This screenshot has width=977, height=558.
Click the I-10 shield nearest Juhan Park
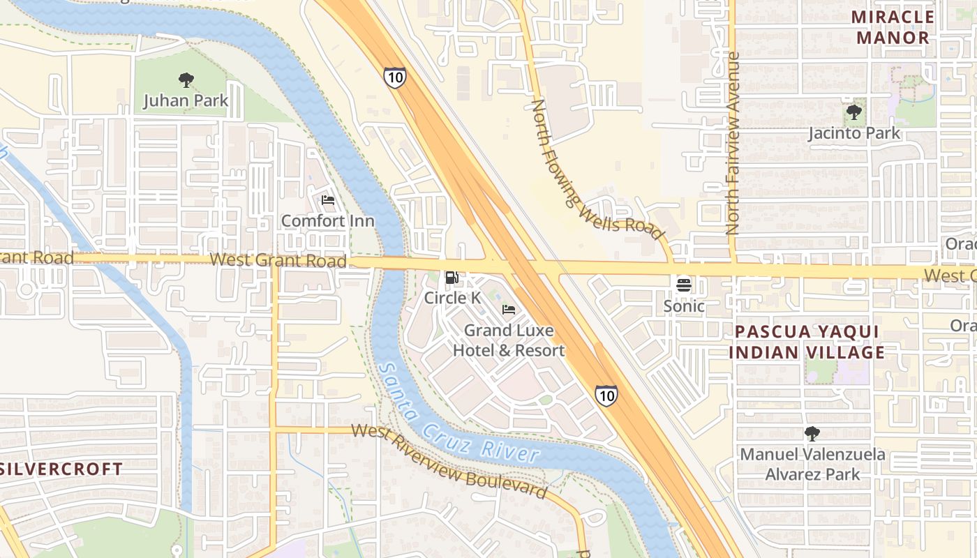[x=394, y=77]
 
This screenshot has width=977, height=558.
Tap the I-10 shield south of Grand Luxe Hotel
[x=606, y=396]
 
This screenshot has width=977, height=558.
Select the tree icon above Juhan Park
[x=186, y=80]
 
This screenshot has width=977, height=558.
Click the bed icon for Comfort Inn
[x=328, y=201]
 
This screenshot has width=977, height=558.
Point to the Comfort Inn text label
[x=327, y=221]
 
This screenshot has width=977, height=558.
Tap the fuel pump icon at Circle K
[x=452, y=278]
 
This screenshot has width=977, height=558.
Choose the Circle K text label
[x=452, y=298]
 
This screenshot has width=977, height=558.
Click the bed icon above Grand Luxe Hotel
[x=509, y=310]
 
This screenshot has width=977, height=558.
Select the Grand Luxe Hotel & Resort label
[x=509, y=340]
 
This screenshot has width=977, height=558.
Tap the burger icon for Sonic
[x=683, y=285]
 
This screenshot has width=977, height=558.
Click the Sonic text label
[x=683, y=306]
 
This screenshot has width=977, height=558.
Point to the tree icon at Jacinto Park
[x=853, y=112]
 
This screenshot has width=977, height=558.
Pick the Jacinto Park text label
[x=854, y=133]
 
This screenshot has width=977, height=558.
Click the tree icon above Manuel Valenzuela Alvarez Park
[x=812, y=434]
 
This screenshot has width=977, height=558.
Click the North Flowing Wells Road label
[x=596, y=169]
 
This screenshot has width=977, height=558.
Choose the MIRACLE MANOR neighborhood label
[x=893, y=27]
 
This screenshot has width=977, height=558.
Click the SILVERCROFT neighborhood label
[x=61, y=469]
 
